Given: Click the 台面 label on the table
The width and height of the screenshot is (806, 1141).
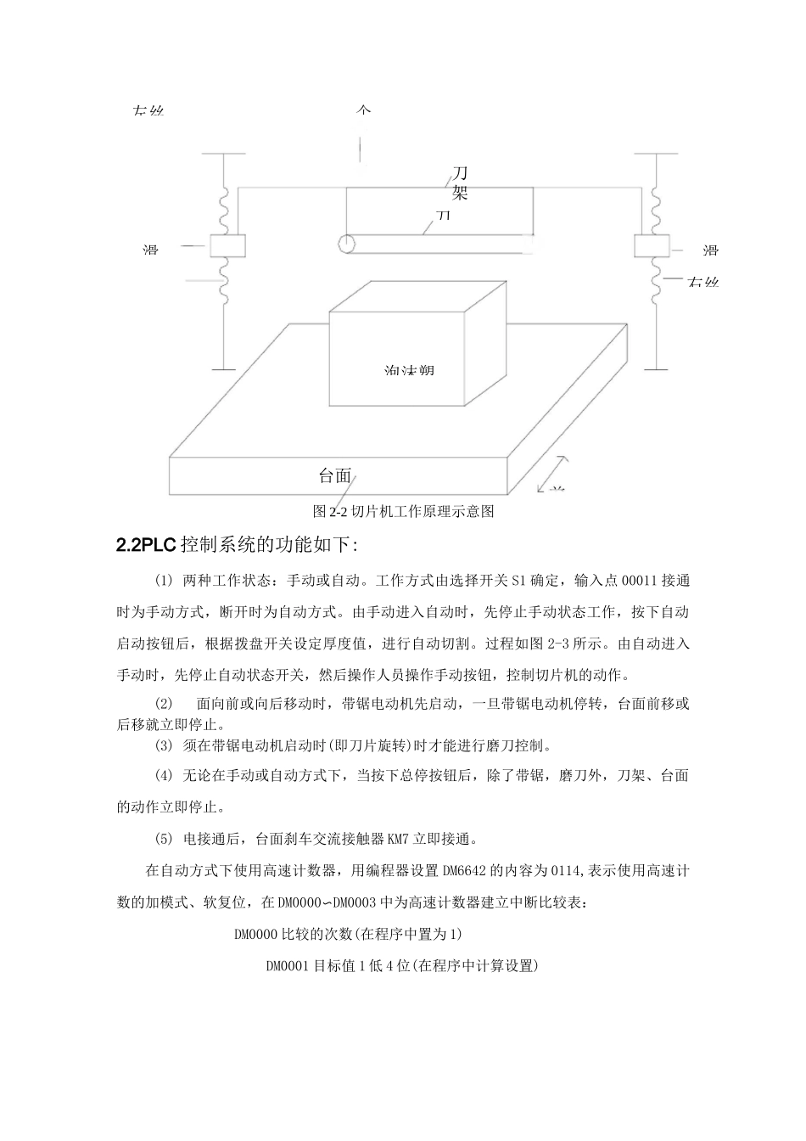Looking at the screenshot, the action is tap(335, 475).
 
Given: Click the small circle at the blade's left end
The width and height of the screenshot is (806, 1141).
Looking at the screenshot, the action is tap(346, 244).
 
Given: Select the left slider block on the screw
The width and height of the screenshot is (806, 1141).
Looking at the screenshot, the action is tap(226, 246).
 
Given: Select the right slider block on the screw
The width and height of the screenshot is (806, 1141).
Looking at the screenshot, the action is tap(652, 246).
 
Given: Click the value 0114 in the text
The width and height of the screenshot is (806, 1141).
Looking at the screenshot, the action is tap(566, 870).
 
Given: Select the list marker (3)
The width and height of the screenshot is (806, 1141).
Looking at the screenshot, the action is tap(164, 746).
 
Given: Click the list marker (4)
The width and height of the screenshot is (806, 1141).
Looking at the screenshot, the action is tap(164, 776).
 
